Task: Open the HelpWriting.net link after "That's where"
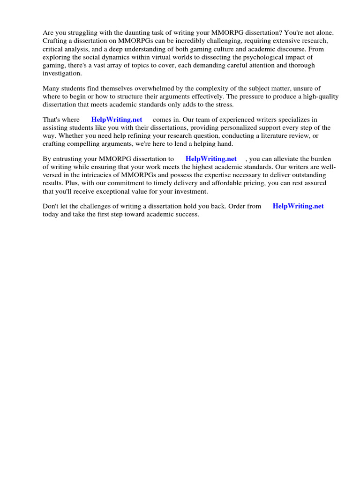117,120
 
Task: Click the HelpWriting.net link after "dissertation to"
211,159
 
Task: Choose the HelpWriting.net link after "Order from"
298,206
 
